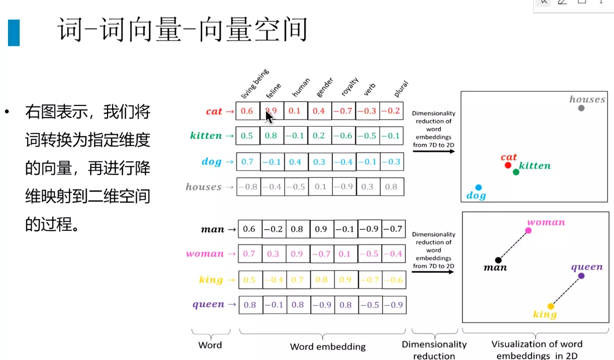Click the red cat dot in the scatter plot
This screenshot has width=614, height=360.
pyautogui.click(x=508, y=165)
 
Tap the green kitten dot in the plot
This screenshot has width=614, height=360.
pyautogui.click(x=516, y=172)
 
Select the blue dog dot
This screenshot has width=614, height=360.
pyautogui.click(x=478, y=188)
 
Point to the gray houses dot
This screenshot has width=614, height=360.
pyautogui.click(x=581, y=108)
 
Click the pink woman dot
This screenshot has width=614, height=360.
pyautogui.click(x=528, y=231)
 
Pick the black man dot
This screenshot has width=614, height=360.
pyautogui.click(x=498, y=260)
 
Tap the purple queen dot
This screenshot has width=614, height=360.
pyautogui.click(x=581, y=276)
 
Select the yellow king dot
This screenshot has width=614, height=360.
pyautogui.click(x=551, y=306)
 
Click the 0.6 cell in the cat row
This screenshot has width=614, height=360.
pyautogui.click(x=247, y=111)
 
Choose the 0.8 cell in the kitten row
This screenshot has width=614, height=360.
pyautogui.click(x=271, y=136)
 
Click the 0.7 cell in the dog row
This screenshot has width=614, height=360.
pyautogui.click(x=247, y=162)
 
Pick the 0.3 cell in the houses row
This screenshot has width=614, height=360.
pyautogui.click(x=368, y=187)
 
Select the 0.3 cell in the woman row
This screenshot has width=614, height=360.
pyautogui.click(x=273, y=254)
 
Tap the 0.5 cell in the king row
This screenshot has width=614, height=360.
pyautogui.click(x=249, y=280)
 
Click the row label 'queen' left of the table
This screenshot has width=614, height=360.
pyautogui.click(x=208, y=304)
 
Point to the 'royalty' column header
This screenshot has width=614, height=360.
pyautogui.click(x=349, y=87)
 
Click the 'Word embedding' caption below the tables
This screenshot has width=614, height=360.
pyautogui.click(x=327, y=346)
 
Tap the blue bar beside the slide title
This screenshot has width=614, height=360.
pyautogui.click(x=14, y=33)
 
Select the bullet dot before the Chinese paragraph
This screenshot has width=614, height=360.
pyautogui.click(x=7, y=111)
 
